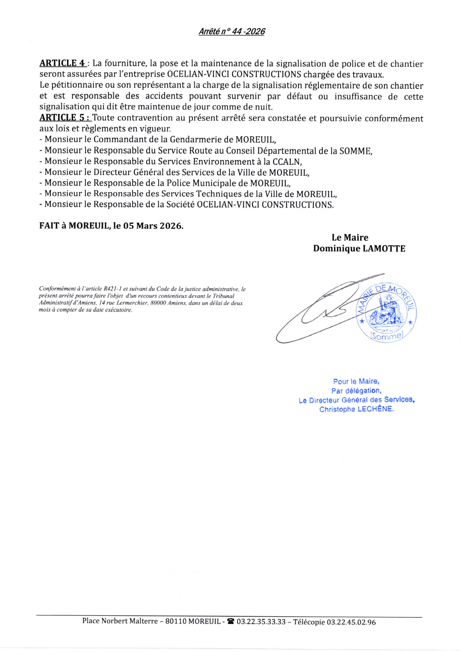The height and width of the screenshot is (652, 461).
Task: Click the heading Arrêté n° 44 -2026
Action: coord(231,32)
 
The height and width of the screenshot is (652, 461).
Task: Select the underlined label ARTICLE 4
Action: coord(63,63)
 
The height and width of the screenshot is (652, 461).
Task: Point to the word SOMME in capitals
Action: coord(355,151)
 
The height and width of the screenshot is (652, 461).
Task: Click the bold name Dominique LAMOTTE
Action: coord(359,248)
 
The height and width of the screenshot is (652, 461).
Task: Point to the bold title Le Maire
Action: coord(350,237)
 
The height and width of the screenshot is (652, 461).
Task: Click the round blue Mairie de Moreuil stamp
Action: coord(386,312)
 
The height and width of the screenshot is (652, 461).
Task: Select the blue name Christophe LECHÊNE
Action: coord(356,409)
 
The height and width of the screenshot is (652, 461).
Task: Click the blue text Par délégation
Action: coord(356,391)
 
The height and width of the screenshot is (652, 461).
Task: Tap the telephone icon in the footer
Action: coord(231,622)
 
